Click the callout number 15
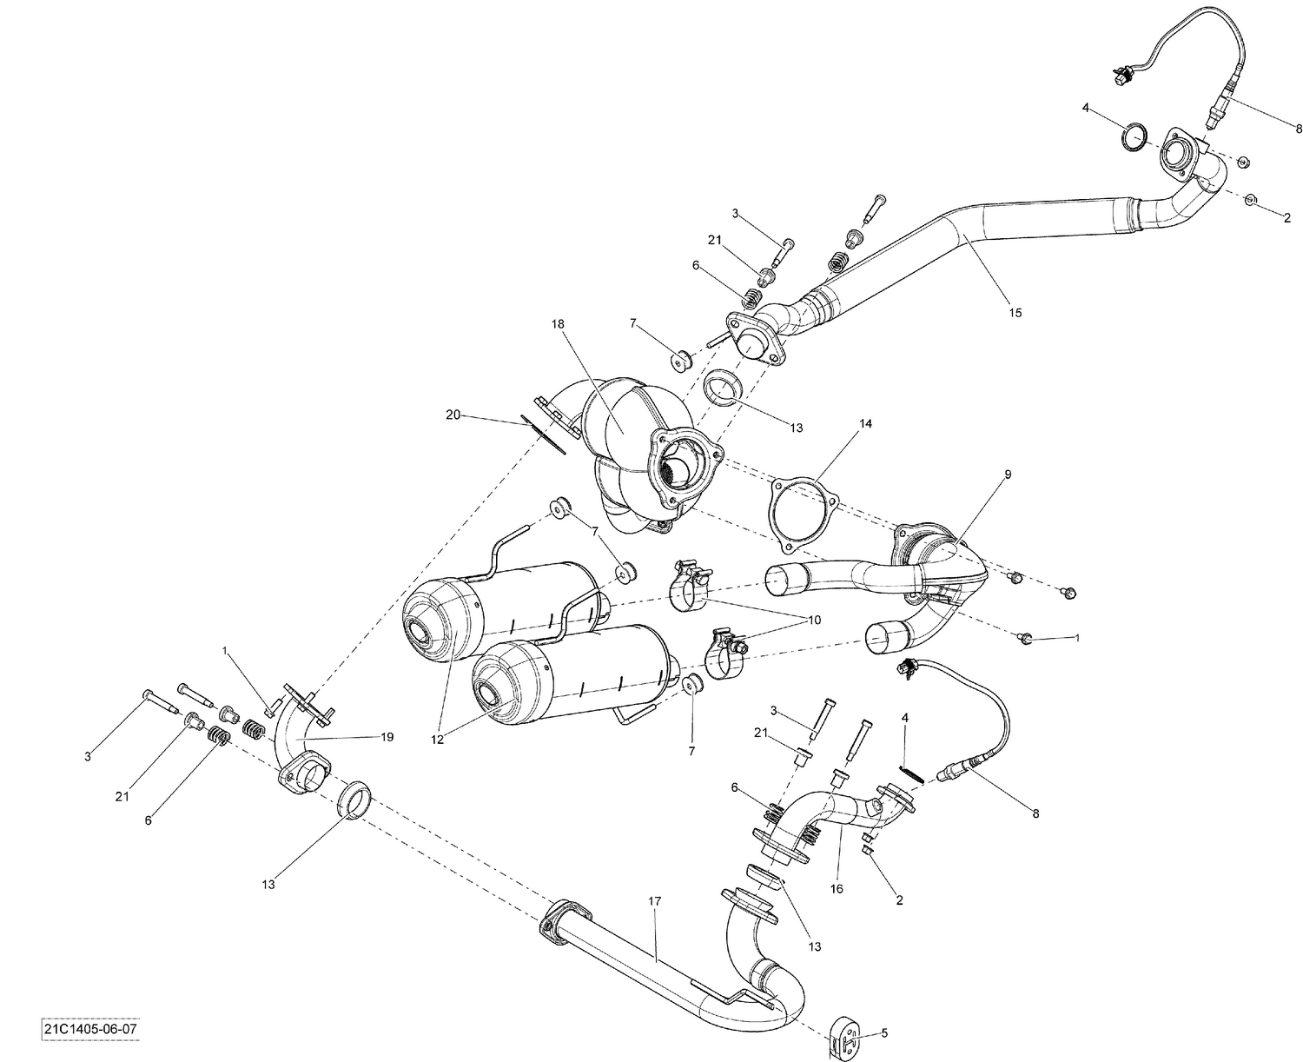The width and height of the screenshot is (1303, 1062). point(1014,312)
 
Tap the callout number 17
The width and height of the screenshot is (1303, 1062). point(654,901)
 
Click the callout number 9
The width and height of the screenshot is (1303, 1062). point(1008,474)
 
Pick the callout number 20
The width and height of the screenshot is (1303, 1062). point(453,415)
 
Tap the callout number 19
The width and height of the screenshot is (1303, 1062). point(387,737)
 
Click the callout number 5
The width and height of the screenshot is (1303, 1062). point(884,1033)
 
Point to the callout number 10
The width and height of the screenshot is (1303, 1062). point(814,621)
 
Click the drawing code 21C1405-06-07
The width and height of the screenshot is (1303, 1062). point(89,1030)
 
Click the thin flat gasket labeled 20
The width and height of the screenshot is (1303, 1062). point(544,435)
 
